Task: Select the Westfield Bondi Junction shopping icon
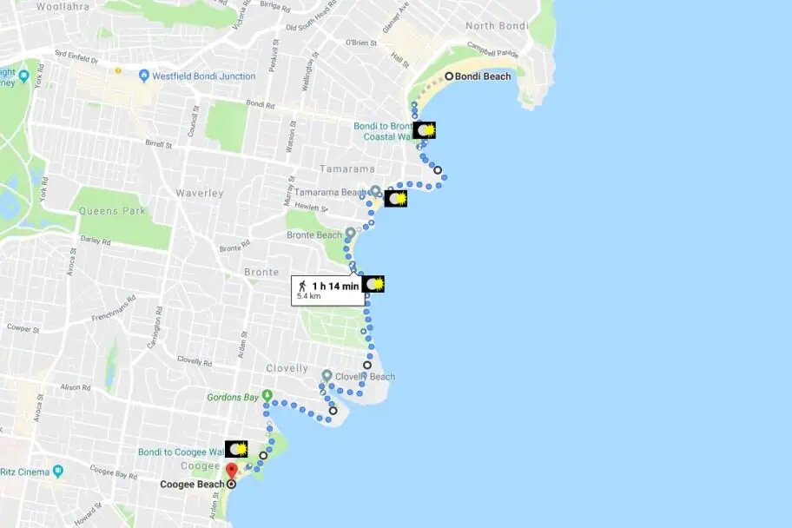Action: pyautogui.click(x=144, y=76)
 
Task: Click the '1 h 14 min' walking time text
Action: pyautogui.click(x=334, y=286)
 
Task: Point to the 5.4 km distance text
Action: pyautogui.click(x=309, y=296)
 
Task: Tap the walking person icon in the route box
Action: pyautogui.click(x=302, y=286)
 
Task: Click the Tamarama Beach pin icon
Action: pyautogui.click(x=375, y=191)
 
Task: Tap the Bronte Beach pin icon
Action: pyautogui.click(x=350, y=234)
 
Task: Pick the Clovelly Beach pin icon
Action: pyautogui.click(x=327, y=376)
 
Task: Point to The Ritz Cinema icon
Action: pyautogui.click(x=58, y=472)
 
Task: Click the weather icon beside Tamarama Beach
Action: pyautogui.click(x=396, y=199)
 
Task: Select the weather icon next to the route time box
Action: pyautogui.click(x=374, y=284)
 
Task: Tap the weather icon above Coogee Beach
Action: pyautogui.click(x=236, y=449)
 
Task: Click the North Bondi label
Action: pyautogui.click(x=497, y=26)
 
